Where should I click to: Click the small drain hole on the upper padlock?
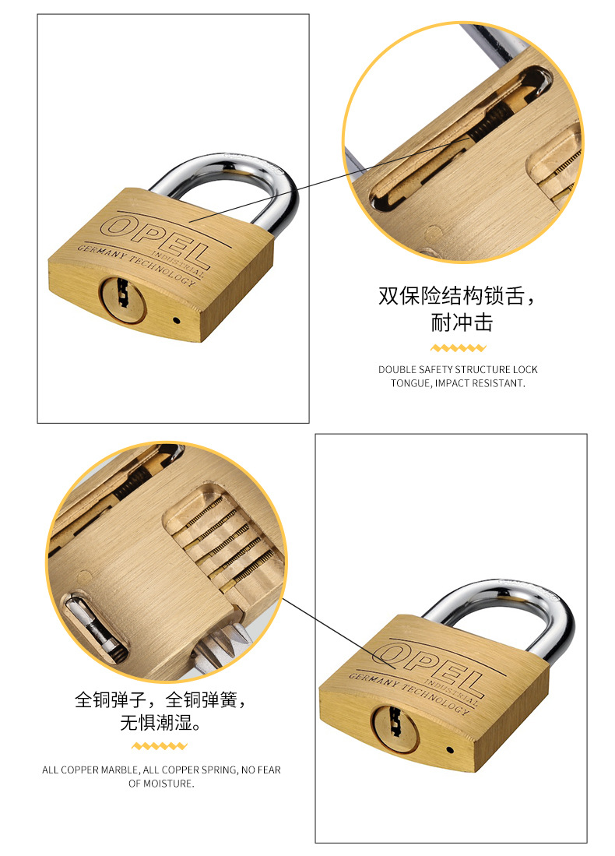[x=176, y=320]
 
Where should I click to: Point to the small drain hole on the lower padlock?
[x=450, y=750]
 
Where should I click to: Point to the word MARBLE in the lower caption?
[x=120, y=770]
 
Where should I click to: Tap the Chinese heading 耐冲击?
[x=462, y=322]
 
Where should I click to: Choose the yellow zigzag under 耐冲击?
[x=458, y=347]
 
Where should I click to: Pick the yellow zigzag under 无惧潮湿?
[x=160, y=745]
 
